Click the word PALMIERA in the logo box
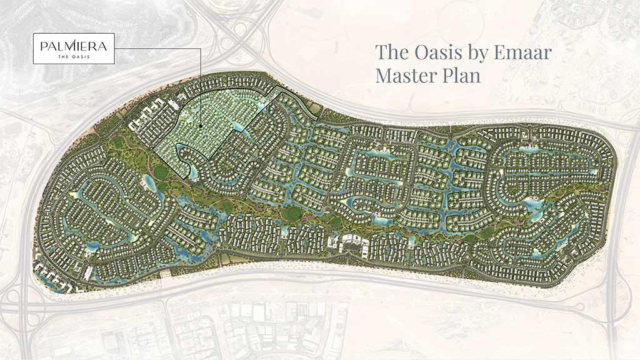(x=74, y=45)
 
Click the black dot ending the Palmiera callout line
(x=201, y=127)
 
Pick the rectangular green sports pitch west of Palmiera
(x=119, y=143)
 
